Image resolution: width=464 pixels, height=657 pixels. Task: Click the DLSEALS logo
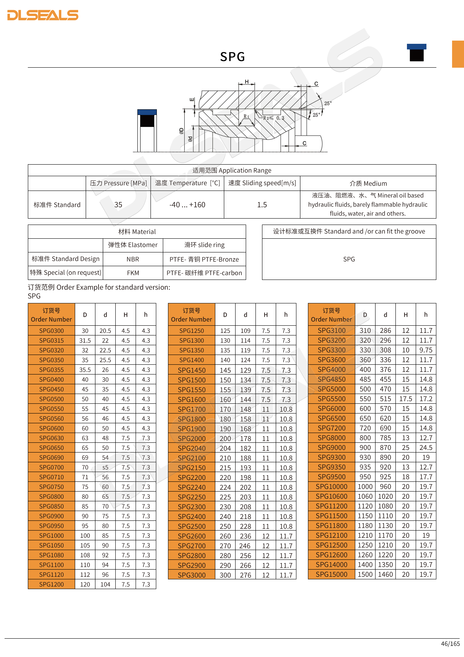click(x=43, y=15)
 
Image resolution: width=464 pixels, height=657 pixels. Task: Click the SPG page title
click(x=232, y=57)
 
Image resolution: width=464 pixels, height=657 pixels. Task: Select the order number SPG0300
click(x=51, y=331)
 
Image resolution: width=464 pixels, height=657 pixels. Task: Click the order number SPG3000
click(x=191, y=575)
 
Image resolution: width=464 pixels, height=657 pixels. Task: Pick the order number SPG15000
click(x=331, y=575)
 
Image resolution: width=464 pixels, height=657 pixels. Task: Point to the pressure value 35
click(x=118, y=205)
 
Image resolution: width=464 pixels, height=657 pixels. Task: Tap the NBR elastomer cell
click(x=133, y=259)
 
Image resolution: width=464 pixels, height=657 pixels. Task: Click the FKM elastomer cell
click(x=133, y=273)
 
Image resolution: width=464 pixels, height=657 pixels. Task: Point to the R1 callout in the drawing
click(x=246, y=116)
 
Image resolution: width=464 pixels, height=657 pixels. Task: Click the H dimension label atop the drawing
click(x=247, y=82)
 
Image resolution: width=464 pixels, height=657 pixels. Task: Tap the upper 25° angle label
click(x=328, y=103)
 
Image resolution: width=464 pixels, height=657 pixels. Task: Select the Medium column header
click(x=368, y=183)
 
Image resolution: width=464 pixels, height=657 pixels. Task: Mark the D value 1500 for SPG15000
click(x=365, y=575)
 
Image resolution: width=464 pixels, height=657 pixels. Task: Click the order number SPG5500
click(x=331, y=399)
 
